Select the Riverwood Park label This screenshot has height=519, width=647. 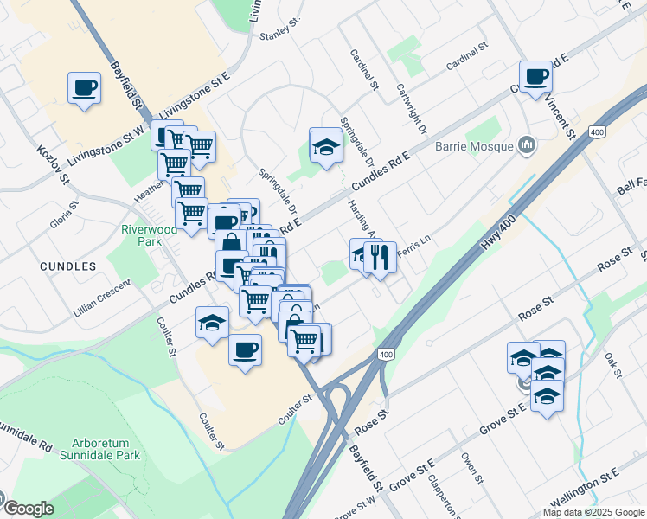click(x=142, y=236)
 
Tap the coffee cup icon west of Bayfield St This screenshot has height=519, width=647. click(x=85, y=87)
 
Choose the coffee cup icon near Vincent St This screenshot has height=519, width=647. click(x=535, y=76)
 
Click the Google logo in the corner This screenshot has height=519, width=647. click(x=28, y=509)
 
